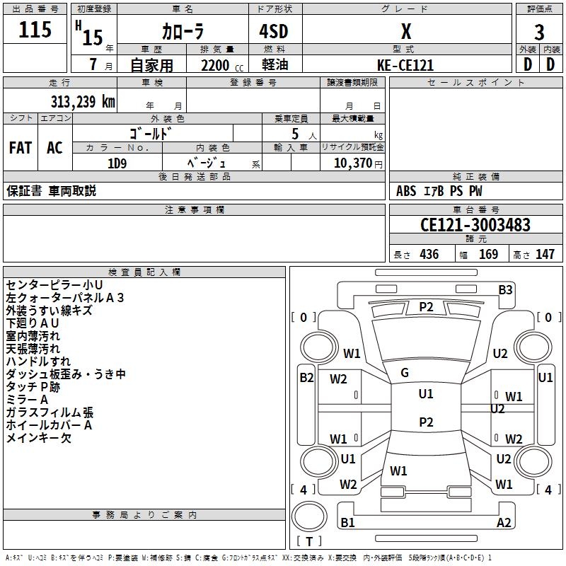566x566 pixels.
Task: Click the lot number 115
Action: coord(35,29)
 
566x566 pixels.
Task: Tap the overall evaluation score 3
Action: coord(539,33)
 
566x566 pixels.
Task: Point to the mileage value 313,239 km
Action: coord(83,101)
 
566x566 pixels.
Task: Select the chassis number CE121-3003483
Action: coord(475,224)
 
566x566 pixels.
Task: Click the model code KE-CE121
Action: coord(405,65)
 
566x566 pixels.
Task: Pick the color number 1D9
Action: coord(117,163)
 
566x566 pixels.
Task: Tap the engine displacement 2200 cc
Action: coord(222,65)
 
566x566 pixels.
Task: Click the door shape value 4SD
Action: coord(274,31)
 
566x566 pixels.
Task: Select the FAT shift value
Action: coord(21,148)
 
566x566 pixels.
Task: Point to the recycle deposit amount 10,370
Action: coord(352,163)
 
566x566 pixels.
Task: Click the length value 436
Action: coord(429,254)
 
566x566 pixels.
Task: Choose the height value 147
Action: coord(545,254)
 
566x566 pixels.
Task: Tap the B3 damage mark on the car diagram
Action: coord(505,290)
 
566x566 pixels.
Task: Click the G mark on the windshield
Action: coord(405,373)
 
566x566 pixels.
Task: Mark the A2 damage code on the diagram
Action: coord(504,522)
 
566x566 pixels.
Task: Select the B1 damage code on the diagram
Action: coord(347,522)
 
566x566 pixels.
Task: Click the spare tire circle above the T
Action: coord(309,516)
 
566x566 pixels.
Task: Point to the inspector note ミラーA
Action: coord(27,400)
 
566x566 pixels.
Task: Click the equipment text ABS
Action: coord(406,191)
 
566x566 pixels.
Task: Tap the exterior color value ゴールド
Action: coord(150,134)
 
